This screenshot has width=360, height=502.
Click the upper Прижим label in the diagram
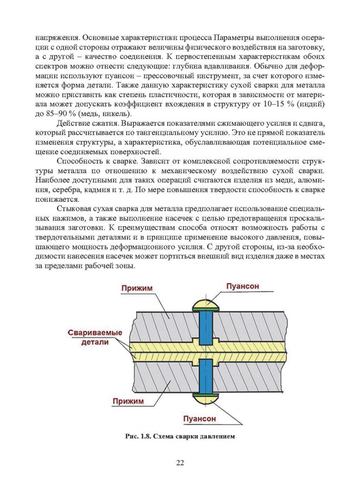pos(137,288)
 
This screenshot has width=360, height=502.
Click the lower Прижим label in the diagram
pos(128,401)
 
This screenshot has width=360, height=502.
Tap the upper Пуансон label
pos(242,286)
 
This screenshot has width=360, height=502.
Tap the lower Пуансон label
pos(199,418)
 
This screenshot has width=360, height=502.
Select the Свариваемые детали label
pos(95,337)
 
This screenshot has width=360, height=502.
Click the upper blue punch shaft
pos(205,327)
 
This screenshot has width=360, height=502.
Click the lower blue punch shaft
pos(205,377)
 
